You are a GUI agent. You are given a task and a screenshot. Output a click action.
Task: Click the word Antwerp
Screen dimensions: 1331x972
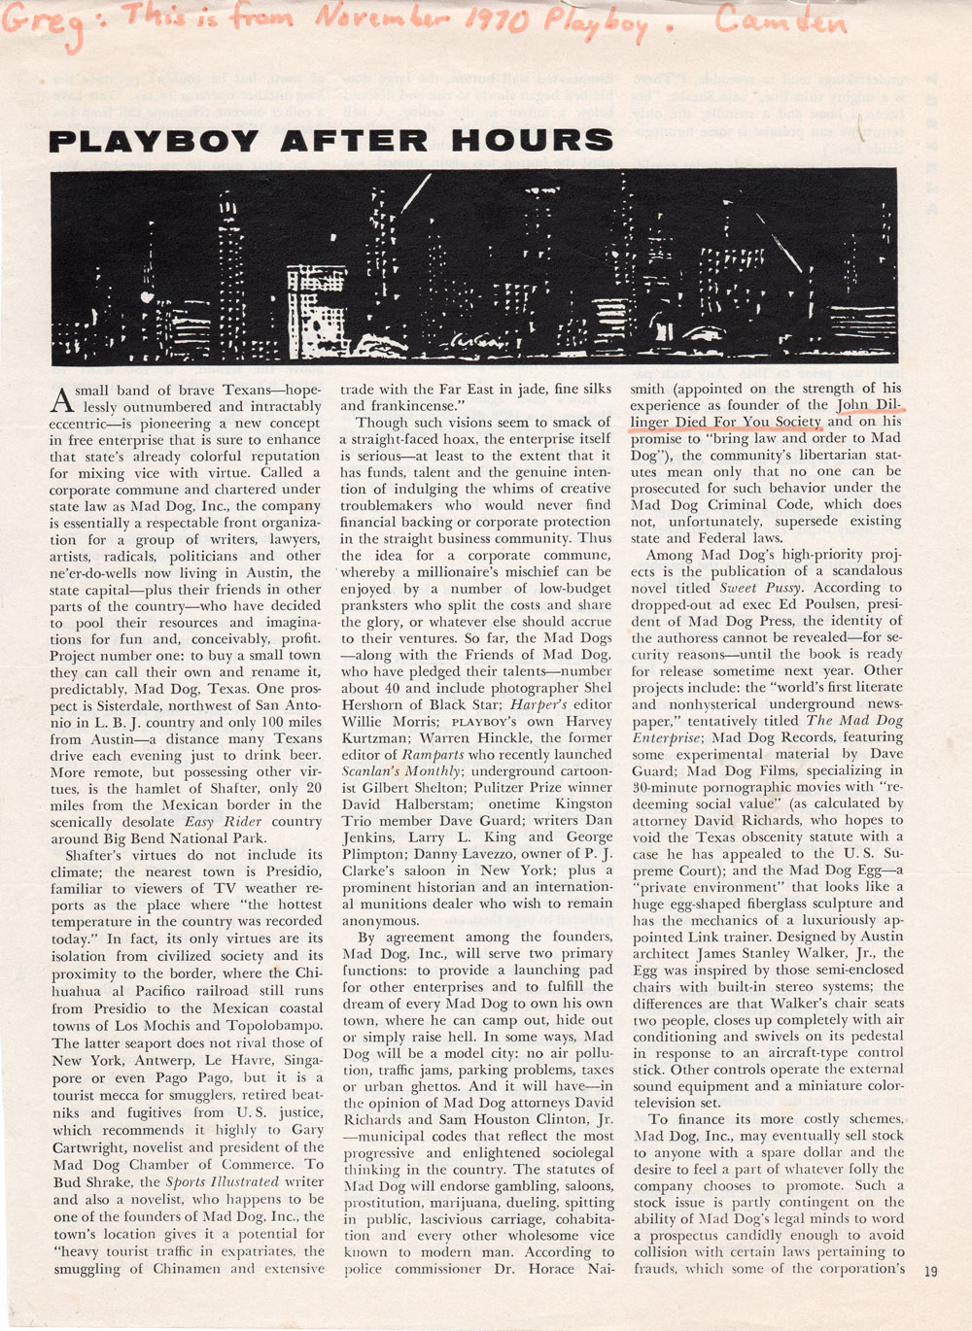(x=156, y=1061)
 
